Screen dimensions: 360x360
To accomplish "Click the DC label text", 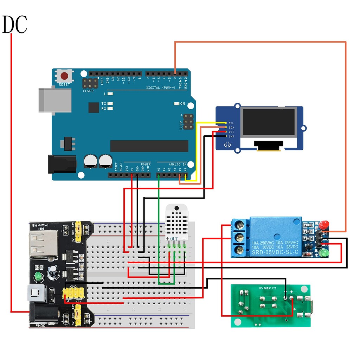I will point(15,25).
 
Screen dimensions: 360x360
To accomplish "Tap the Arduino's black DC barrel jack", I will point(62,164).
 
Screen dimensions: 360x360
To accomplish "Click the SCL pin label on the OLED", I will point(231,123).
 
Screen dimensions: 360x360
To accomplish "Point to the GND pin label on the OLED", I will point(231,136).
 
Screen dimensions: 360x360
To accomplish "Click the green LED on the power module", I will point(38,277).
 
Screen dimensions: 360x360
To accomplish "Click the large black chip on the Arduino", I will point(149,146).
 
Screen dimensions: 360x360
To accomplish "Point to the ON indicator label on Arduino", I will point(182,104).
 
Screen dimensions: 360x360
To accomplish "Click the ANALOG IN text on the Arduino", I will point(178,164).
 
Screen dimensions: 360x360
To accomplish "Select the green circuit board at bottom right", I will point(270,306).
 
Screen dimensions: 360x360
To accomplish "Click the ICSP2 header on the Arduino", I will point(90,84).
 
